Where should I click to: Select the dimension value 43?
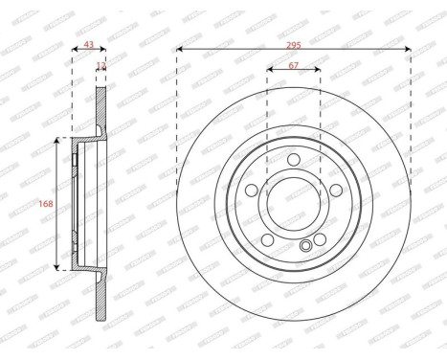89,44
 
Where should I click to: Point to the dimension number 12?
101,66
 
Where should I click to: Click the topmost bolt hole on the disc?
294,159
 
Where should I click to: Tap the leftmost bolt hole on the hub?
252,189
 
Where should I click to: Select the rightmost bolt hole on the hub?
335,189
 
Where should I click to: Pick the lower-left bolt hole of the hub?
267,237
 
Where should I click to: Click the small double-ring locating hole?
305,246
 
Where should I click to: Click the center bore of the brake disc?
294,202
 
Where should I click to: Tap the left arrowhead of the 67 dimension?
269,70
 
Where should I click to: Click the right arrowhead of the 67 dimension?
319,70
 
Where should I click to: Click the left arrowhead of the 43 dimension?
74,52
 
